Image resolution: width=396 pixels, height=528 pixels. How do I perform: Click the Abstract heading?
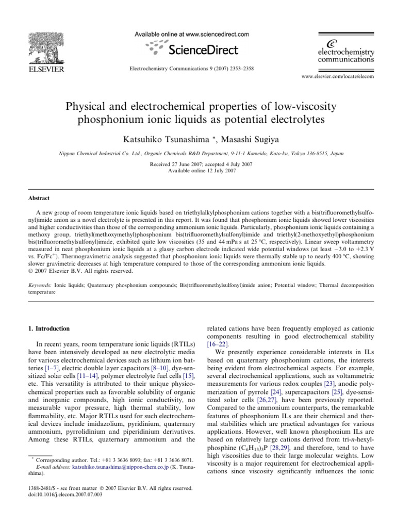coord(38,197)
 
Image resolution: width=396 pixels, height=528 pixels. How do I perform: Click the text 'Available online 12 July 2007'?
coord(199,170)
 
